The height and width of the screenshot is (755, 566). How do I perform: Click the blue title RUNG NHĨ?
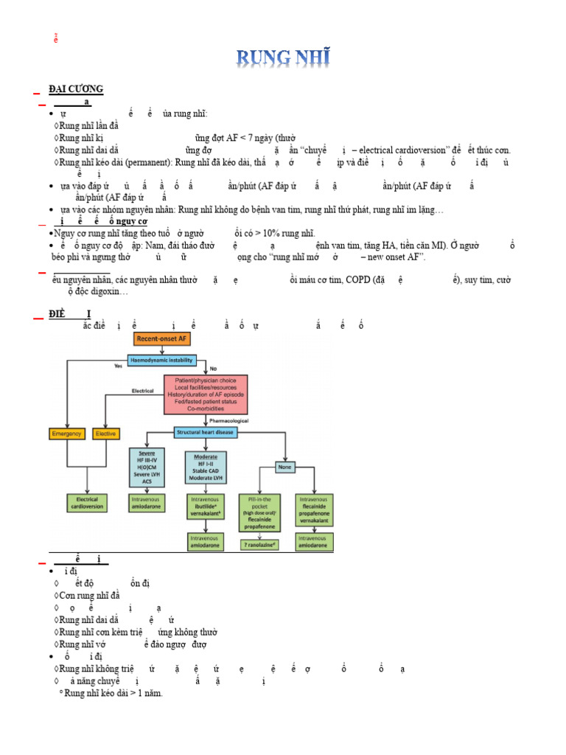pyautogui.click(x=283, y=57)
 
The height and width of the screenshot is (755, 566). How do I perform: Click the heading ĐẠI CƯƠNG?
pyautogui.click(x=76, y=89)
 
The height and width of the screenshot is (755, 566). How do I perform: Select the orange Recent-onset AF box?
pyautogui.click(x=162, y=339)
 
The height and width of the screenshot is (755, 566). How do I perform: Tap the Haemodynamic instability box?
pyautogui.click(x=162, y=361)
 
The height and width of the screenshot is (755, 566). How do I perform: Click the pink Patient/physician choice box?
pyautogui.click(x=206, y=394)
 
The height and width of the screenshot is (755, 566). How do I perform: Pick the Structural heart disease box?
pyautogui.click(x=206, y=432)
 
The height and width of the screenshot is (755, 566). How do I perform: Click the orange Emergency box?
pyautogui.click(x=68, y=434)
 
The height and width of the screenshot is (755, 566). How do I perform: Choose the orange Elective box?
pyautogui.click(x=106, y=434)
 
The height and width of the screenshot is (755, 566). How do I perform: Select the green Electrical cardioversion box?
pyautogui.click(x=88, y=504)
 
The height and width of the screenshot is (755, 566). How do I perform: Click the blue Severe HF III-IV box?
pyautogui.click(x=147, y=466)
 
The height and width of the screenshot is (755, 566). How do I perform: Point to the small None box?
pyautogui.click(x=284, y=467)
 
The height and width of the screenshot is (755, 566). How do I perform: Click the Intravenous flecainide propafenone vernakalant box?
pyautogui.click(x=314, y=509)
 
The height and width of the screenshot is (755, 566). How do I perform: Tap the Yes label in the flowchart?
pyautogui.click(x=117, y=366)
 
